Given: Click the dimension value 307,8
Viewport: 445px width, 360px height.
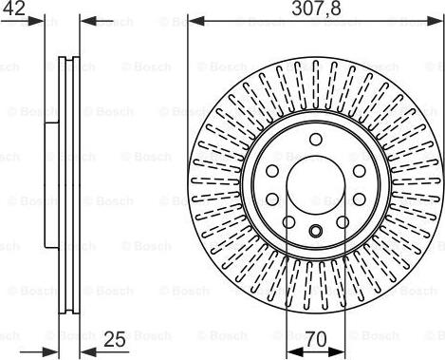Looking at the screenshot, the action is point(316,9).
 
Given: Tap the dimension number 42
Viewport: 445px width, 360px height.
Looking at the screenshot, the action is point(13,9).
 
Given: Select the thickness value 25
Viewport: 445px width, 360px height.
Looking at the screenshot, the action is point(115,340).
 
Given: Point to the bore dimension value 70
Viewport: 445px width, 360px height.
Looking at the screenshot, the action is point(316,340).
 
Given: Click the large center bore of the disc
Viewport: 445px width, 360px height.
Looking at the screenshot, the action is point(316,185).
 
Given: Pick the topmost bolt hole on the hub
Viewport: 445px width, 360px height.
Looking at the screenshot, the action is point(316,140).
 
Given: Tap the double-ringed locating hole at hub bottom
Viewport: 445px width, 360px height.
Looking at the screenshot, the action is point(316,231).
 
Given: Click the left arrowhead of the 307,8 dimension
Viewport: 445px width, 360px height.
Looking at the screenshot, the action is point(196,22).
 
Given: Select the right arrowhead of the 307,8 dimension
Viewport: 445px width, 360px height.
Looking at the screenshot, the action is point(433,22).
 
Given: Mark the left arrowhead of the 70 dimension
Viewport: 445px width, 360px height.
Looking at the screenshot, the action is point(294,351).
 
